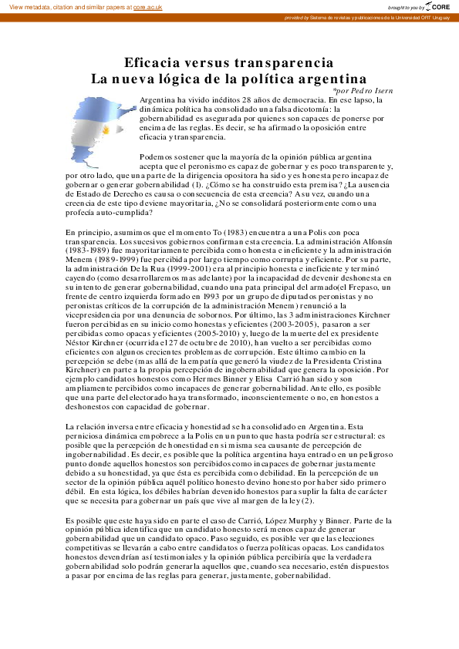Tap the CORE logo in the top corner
437,6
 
